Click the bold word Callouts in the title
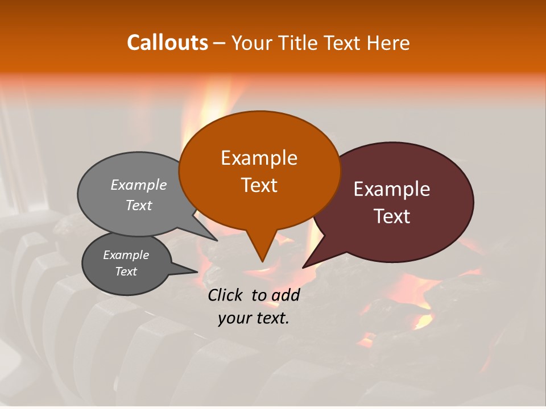(167, 43)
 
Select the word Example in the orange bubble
(259, 158)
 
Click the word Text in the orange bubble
(259, 185)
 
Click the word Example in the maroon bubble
(392, 189)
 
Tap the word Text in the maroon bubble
(392, 216)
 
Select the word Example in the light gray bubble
(139, 185)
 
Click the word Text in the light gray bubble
(139, 206)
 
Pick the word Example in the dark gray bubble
(126, 255)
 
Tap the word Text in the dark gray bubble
(126, 272)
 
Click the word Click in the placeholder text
(226, 295)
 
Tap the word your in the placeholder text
(233, 319)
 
